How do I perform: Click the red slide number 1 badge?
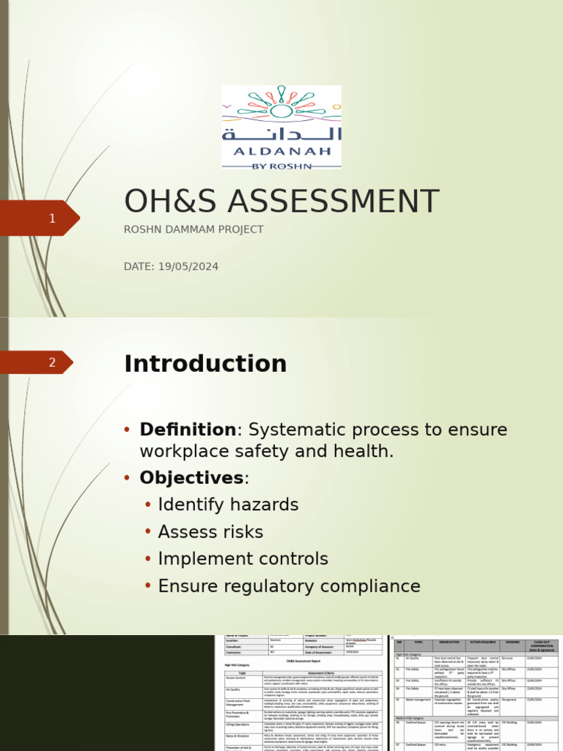(52, 219)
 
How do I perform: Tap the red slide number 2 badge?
(52, 362)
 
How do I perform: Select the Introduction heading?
(205, 364)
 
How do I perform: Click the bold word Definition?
(188, 430)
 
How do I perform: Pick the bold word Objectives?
(191, 478)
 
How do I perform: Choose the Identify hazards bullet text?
(228, 505)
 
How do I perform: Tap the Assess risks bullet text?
(210, 532)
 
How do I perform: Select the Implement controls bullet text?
(243, 560)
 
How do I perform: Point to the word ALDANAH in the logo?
(281, 151)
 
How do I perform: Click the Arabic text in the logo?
(281, 133)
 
